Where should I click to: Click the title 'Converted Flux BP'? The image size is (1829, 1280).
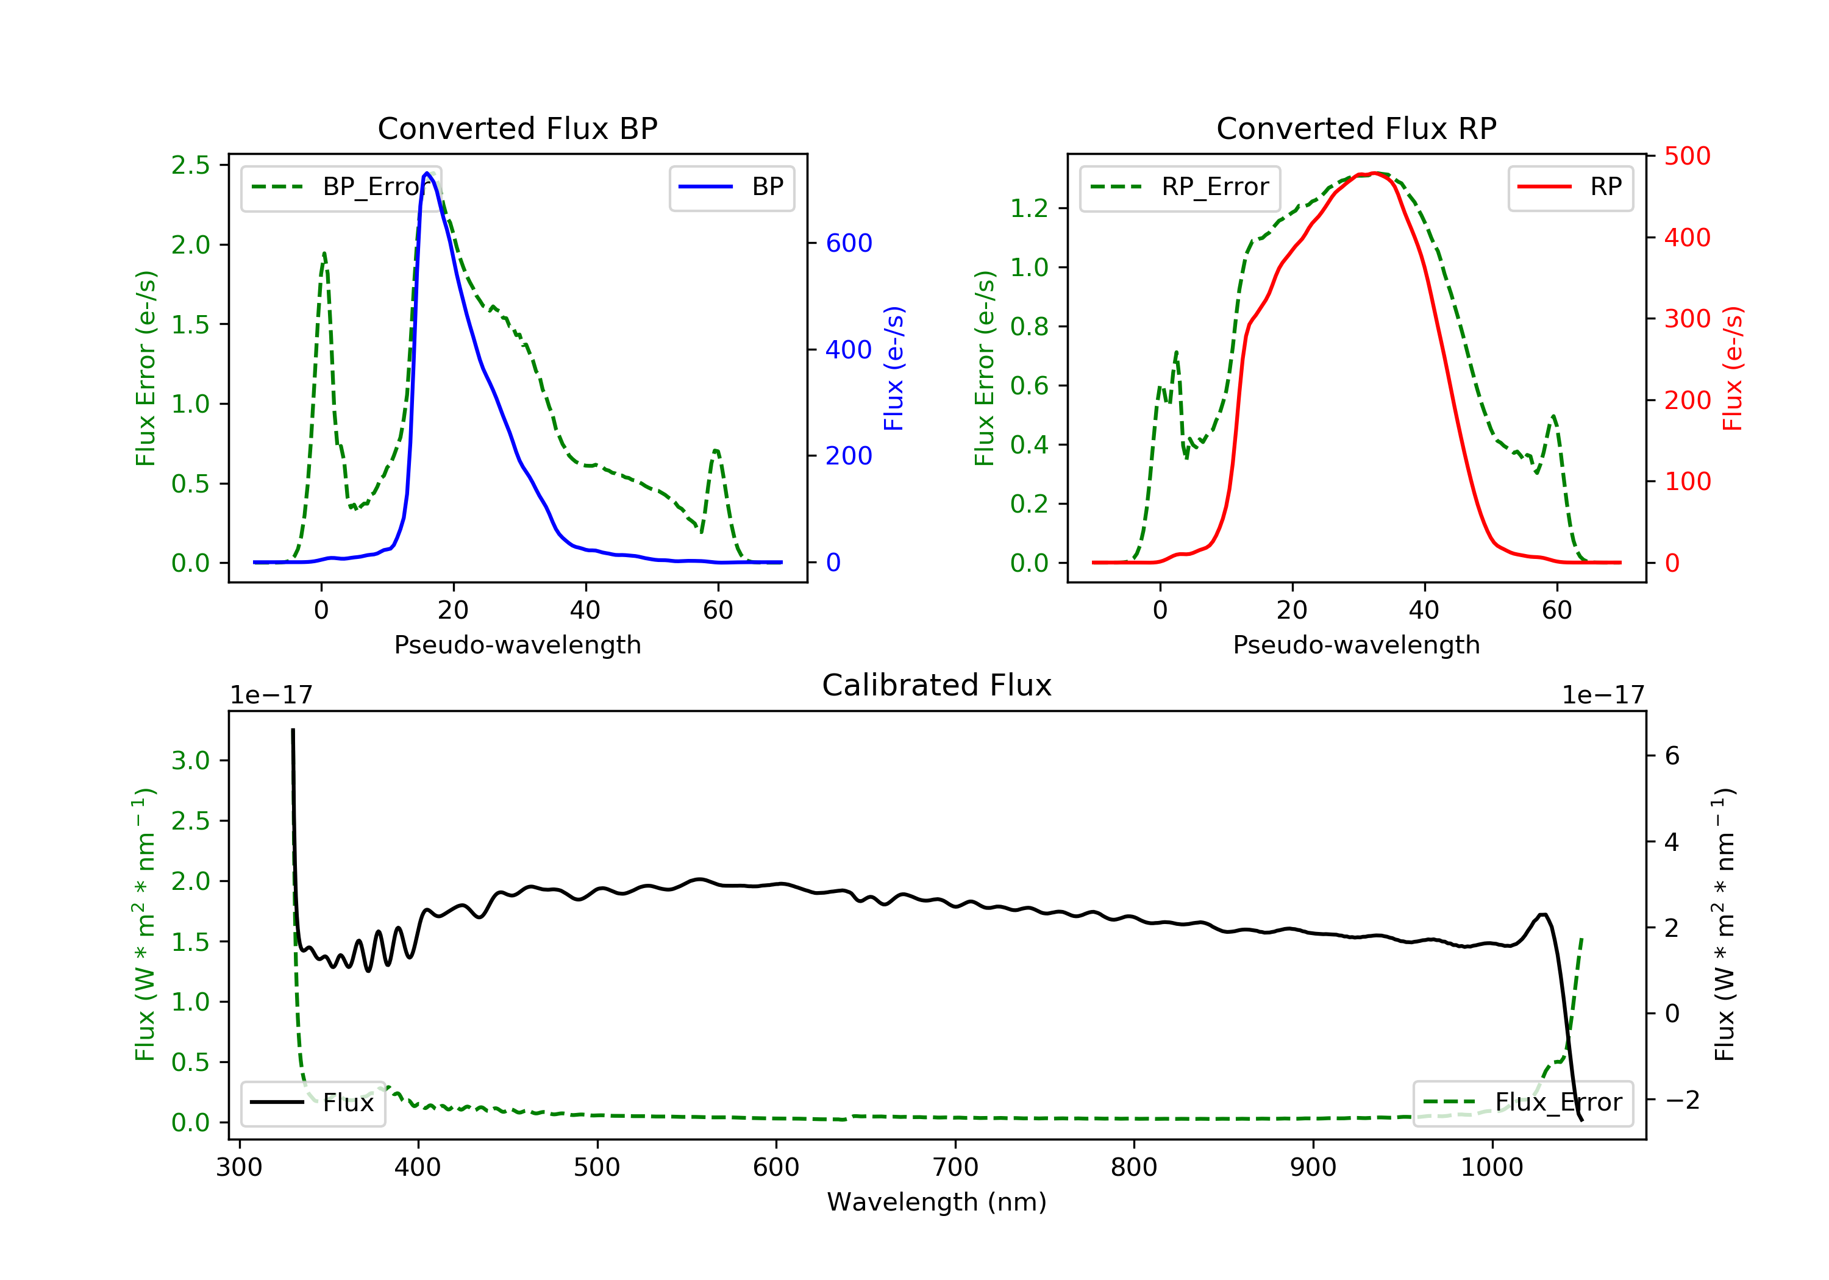[517, 128]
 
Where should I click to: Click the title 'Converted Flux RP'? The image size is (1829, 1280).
[1356, 128]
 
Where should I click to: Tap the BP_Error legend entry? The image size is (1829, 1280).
[341, 187]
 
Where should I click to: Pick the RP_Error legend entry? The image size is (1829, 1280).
[1180, 187]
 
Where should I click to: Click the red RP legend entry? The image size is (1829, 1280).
[1570, 187]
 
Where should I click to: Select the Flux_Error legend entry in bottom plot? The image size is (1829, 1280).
[1522, 1103]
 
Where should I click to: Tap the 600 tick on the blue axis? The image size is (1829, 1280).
[849, 243]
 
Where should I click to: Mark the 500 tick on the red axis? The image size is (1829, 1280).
[1687, 156]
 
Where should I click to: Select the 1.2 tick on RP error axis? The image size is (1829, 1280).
[1029, 208]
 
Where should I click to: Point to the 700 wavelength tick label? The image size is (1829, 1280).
[955, 1168]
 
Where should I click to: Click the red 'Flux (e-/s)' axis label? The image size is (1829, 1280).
[1733, 368]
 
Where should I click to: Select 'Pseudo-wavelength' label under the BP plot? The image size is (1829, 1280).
[517, 644]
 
